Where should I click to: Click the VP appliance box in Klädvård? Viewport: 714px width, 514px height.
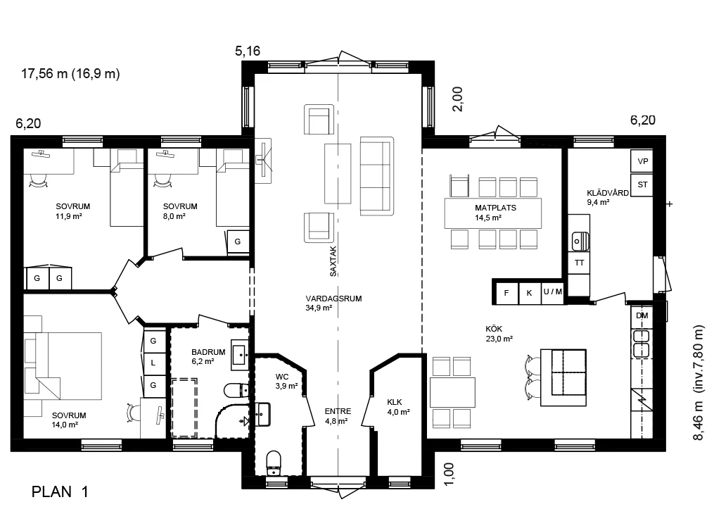coord(642,161)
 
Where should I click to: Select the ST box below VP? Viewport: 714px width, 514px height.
coord(642,184)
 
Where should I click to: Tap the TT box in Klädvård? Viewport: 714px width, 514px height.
coord(579,263)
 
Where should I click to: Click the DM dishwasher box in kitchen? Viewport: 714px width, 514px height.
coord(642,315)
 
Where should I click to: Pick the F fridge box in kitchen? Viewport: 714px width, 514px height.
coord(506,292)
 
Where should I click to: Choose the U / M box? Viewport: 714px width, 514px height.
coord(552,292)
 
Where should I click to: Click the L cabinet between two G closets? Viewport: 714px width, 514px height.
coord(153,363)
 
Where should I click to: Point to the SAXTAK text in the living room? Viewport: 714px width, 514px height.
coord(333,261)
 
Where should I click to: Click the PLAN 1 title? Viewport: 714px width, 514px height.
coord(60,491)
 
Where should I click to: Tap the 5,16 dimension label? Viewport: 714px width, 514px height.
coord(248,51)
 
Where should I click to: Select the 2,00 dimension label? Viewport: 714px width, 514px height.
coord(457,99)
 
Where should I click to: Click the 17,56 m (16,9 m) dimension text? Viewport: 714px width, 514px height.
coord(70,73)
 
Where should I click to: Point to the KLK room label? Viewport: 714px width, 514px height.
coord(395,402)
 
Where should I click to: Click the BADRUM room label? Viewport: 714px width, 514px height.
coord(208,352)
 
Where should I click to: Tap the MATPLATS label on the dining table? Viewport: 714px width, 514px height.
coord(495,208)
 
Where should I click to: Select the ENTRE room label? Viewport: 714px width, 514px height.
coord(338,411)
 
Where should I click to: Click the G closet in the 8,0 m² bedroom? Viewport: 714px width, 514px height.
coord(238,242)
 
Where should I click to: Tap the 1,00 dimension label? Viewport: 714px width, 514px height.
coord(449,474)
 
